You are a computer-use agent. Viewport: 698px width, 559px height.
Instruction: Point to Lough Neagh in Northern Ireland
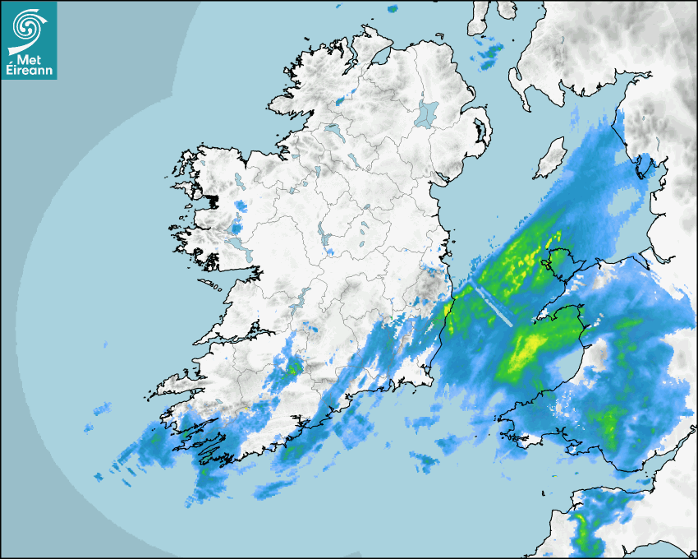pos(427,113)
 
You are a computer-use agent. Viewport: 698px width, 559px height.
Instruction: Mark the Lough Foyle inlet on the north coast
pos(379,57)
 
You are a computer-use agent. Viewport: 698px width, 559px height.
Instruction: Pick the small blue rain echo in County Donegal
pos(339,101)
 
